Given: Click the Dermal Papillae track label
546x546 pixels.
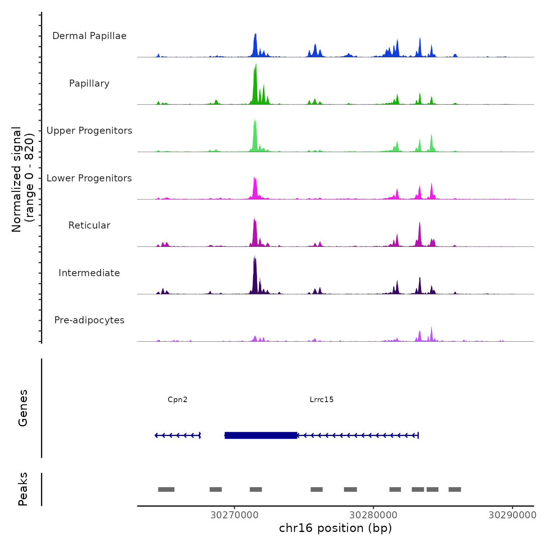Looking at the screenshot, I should click(x=89, y=36).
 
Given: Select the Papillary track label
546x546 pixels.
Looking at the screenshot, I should click(x=89, y=83).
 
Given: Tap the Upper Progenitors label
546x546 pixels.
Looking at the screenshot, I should click(x=89, y=131).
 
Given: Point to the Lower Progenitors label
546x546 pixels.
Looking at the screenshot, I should click(x=89, y=178).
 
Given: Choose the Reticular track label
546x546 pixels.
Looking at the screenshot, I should click(x=89, y=225).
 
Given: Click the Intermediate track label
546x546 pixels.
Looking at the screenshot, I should click(x=89, y=273).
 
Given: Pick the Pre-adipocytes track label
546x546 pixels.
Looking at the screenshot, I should click(x=89, y=320).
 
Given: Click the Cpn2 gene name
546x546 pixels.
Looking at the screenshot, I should click(x=177, y=399).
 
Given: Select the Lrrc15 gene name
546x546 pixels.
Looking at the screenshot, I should click(x=321, y=399).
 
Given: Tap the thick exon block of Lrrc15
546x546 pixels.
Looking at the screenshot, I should click(x=261, y=435).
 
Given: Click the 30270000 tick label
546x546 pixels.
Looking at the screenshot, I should click(x=234, y=515).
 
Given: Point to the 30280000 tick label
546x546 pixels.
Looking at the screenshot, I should click(x=373, y=515).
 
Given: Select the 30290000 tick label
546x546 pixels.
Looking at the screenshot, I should click(x=512, y=515).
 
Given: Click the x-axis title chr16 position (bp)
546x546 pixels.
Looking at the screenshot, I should click(x=335, y=528).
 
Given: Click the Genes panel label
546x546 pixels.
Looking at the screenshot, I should click(x=23, y=408).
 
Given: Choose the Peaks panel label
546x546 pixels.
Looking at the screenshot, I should click(x=23, y=489).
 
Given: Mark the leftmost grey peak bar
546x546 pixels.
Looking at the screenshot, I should click(x=166, y=489).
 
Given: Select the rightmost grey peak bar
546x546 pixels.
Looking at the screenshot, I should click(x=455, y=489).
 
